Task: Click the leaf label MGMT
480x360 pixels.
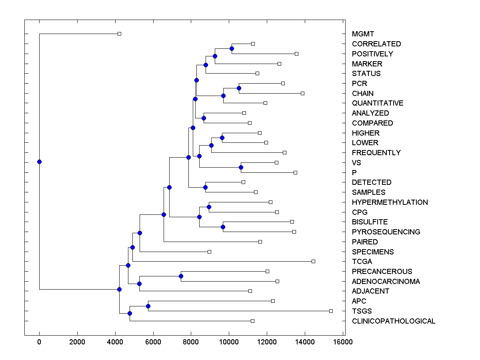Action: pos(363,34)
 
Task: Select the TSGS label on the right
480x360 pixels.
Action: pos(362,311)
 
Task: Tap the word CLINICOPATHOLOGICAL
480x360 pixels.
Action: pos(393,321)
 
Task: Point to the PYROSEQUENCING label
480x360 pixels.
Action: pos(386,232)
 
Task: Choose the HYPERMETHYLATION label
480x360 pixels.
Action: pos(390,202)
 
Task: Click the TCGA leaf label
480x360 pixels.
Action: pos(362,262)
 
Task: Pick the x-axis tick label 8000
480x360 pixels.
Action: pos(191,342)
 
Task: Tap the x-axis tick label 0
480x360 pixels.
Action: pos(39,342)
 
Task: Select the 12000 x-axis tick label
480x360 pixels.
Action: pos(267,342)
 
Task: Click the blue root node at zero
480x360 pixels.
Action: pos(39,162)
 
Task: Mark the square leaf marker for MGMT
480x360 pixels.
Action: pos(119,34)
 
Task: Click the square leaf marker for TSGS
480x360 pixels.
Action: pos(331,311)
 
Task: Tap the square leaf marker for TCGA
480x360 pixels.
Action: pos(313,261)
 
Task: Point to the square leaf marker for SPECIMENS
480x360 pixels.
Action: pos(209,252)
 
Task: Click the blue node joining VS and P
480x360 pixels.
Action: pos(241,167)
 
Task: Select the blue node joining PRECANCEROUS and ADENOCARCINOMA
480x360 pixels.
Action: pos(181,276)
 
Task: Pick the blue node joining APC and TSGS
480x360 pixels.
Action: pos(148,306)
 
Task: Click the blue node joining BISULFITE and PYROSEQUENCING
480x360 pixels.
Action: pos(223,227)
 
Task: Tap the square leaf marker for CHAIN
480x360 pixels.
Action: pos(302,93)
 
